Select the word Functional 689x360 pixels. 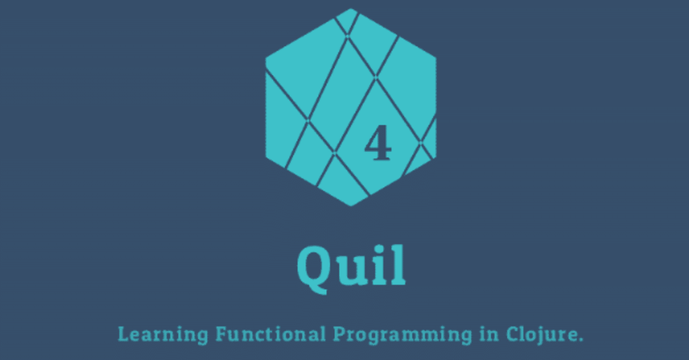click(271, 335)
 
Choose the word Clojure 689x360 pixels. click(541, 335)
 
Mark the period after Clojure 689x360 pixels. click(580, 341)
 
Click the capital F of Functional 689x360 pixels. click(221, 334)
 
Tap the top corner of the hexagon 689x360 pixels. click(351, 9)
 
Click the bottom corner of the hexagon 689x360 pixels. click(351, 206)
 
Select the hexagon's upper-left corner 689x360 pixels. click(266, 58)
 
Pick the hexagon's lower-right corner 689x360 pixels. click(435, 158)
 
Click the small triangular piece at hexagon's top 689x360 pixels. click(347, 20)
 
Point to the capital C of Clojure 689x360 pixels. click(512, 335)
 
